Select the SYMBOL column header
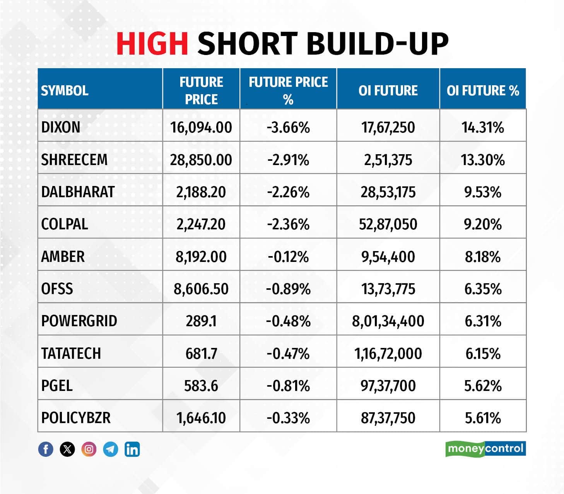click(x=65, y=91)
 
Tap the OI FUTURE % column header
click(x=483, y=91)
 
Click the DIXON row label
click(x=61, y=127)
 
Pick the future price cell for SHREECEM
click(x=201, y=160)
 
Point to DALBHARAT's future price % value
click(x=288, y=192)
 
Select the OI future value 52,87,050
click(x=388, y=224)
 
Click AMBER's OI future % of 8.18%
click(x=483, y=256)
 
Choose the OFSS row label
click(x=57, y=289)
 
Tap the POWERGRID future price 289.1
click(x=201, y=321)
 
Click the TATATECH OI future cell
click(x=388, y=353)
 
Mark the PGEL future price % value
click(x=288, y=386)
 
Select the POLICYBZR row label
click(x=76, y=418)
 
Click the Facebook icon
click(x=46, y=449)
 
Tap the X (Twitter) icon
click(x=67, y=449)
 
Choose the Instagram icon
click(x=89, y=449)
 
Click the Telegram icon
click(x=111, y=449)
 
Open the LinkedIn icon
click(x=132, y=449)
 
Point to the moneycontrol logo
click(x=485, y=449)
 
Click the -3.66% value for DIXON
click(x=288, y=127)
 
